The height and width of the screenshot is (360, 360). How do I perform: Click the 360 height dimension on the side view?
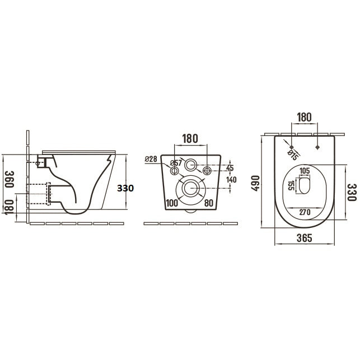coord(10,179)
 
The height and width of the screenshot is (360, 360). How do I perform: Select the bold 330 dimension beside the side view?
coord(125,188)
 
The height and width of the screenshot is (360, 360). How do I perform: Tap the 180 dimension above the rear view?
coord(190,139)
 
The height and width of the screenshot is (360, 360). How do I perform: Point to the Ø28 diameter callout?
coord(151,159)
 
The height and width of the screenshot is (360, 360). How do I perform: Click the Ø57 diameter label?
coord(176,163)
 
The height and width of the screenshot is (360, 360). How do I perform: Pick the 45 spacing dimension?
coord(230,168)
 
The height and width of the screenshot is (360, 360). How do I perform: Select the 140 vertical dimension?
coord(231,180)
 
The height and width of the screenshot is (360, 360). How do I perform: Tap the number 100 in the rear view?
coord(172,203)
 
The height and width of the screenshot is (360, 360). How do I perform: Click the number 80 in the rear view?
coord(209,203)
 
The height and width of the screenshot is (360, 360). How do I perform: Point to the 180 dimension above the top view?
coord(304,118)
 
